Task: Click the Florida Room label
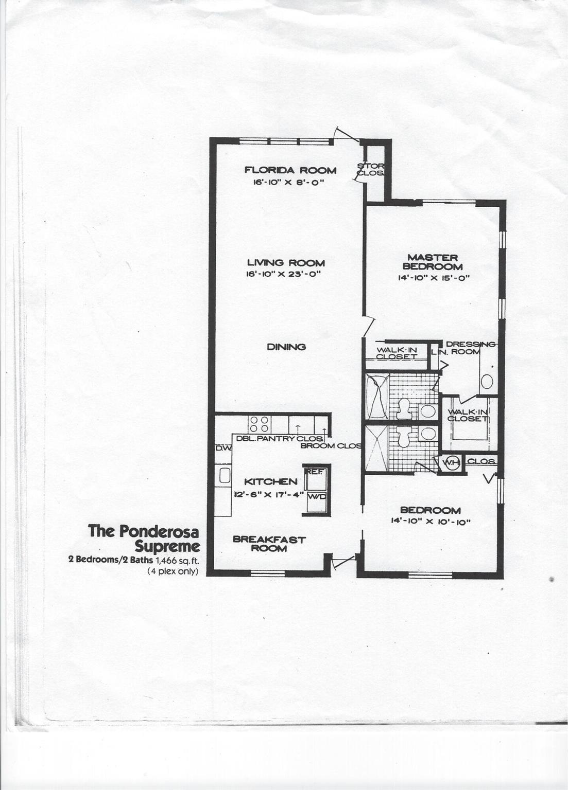coord(290,170)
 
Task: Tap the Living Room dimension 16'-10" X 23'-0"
coord(283,274)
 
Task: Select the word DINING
coord(286,347)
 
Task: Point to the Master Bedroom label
coord(433,262)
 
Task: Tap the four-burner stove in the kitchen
coord(260,424)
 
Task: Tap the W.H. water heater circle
coord(451,462)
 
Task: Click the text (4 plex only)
coord(173,571)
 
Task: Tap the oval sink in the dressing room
coord(487,382)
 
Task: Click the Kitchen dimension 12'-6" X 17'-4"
coord(269,494)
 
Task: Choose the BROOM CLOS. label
coord(331,446)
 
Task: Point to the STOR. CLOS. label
coord(371,169)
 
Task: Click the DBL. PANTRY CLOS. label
coord(280,438)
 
